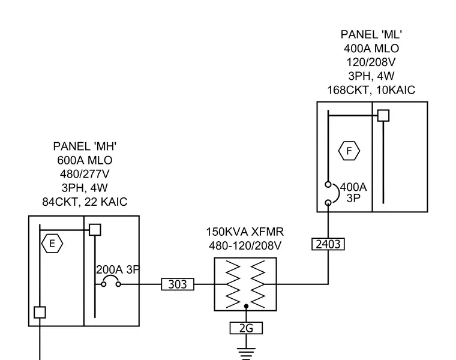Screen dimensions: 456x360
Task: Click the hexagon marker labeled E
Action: click(52, 244)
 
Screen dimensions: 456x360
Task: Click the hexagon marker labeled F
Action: click(349, 151)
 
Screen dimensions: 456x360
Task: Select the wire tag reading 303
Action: click(178, 284)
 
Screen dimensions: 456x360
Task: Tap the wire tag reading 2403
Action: click(328, 244)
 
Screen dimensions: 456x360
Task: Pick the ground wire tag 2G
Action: click(246, 328)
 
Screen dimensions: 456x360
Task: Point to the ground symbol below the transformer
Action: click(246, 353)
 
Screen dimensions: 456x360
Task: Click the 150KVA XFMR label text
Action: click(245, 232)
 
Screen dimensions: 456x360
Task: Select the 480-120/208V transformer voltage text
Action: click(245, 246)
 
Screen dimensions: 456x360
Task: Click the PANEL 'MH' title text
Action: click(85, 146)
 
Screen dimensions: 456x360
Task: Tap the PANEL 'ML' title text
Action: click(371, 35)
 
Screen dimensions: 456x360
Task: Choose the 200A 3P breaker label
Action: click(118, 270)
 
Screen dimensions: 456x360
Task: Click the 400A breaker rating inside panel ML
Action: click(353, 187)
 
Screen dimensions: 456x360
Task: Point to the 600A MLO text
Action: click(85, 160)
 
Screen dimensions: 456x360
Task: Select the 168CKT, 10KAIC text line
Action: click(371, 90)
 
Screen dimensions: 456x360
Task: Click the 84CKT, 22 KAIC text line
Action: click(85, 202)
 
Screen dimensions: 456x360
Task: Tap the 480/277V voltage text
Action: click(85, 174)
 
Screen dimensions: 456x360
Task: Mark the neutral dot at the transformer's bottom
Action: click(246, 306)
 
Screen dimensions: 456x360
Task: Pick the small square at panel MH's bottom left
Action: click(40, 313)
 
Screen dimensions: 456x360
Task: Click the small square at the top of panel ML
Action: click(383, 115)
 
